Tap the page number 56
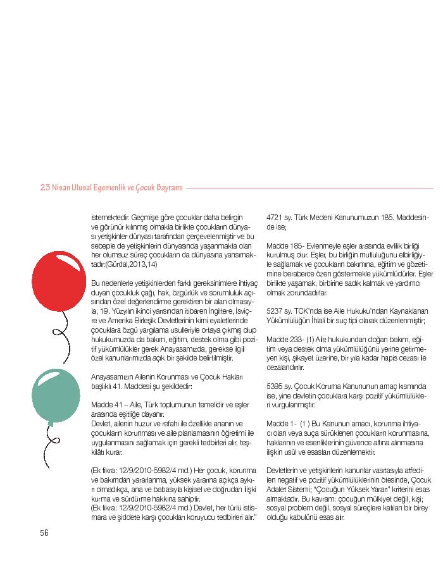point(44,533)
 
